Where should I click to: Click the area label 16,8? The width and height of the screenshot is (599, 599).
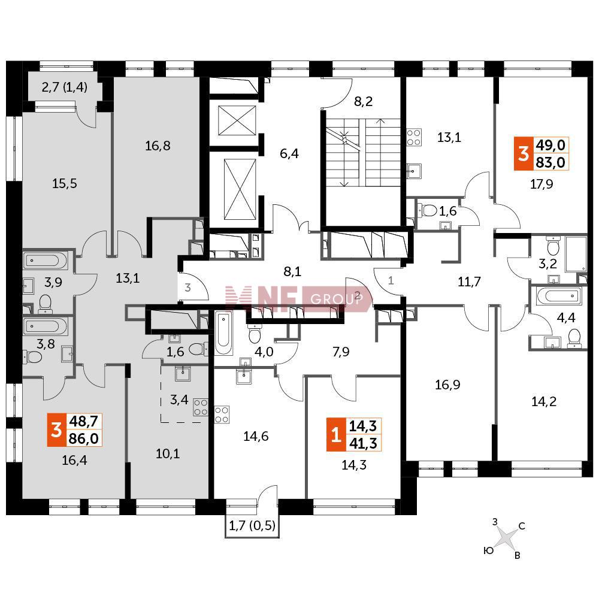[158, 146]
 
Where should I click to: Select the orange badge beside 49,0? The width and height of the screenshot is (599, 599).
[524, 153]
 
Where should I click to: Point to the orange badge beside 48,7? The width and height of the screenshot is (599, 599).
[56, 429]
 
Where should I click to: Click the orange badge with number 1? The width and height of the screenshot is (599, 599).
[336, 435]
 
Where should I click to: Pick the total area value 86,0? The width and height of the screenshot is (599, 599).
[84, 438]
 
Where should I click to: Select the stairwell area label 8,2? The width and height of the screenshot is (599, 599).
[364, 101]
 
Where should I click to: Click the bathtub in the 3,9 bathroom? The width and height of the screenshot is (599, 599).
[46, 261]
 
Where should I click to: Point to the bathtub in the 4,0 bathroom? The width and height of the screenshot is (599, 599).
[223, 334]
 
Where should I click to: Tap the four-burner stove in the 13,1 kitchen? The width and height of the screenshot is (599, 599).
[414, 138]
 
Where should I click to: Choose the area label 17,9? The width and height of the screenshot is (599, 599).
[541, 184]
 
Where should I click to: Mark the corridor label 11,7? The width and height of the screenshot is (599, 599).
[469, 282]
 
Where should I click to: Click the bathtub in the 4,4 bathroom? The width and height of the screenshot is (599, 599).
[559, 296]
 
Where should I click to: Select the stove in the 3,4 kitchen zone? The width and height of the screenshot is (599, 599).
[201, 407]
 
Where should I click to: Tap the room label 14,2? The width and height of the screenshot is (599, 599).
[544, 401]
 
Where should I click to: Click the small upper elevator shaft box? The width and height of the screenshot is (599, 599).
[237, 121]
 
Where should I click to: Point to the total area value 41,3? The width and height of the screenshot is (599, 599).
[364, 443]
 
